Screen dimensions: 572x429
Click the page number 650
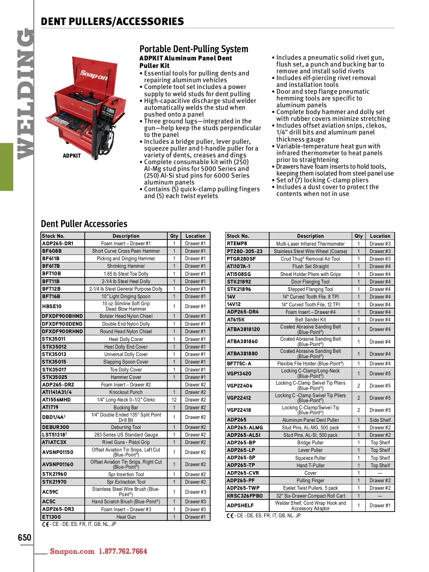pyautogui.click(x=25, y=538)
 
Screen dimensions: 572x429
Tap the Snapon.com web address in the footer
pyautogui.click(x=72, y=551)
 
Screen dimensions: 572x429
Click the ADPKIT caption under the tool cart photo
pyautogui.click(x=72, y=156)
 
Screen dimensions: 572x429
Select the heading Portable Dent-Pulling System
pyautogui.click(x=194, y=49)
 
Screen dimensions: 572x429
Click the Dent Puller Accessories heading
pyautogui.click(x=84, y=224)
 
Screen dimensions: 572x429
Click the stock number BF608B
pyautogui.click(x=52, y=251)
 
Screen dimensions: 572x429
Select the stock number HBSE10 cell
pyautogui.click(x=52, y=306)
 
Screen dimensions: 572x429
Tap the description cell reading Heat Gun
pyautogui.click(x=126, y=517)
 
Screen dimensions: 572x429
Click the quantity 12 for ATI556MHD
pyautogui.click(x=174, y=400)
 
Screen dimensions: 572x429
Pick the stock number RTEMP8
pyautogui.click(x=237, y=243)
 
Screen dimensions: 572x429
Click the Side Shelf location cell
pyautogui.click(x=380, y=420)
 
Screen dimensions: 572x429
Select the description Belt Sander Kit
pyautogui.click(x=310, y=320)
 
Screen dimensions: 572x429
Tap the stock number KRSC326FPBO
pyautogui.click(x=245, y=496)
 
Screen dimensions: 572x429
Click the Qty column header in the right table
pyautogui.click(x=359, y=236)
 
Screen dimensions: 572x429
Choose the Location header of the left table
pyautogui.click(x=196, y=236)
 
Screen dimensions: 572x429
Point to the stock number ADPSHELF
pyautogui.click(x=241, y=506)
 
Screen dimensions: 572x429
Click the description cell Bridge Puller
pyautogui.click(x=310, y=443)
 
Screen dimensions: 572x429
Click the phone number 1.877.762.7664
pyautogui.click(x=123, y=551)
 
